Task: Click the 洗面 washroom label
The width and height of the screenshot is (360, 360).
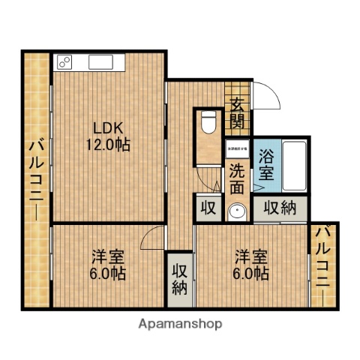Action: pos(236,178)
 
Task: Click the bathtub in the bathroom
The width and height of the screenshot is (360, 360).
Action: pos(293,165)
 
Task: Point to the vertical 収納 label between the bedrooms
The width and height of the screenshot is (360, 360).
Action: pos(180,278)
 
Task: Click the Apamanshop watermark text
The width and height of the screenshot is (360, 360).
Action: pos(179,324)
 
